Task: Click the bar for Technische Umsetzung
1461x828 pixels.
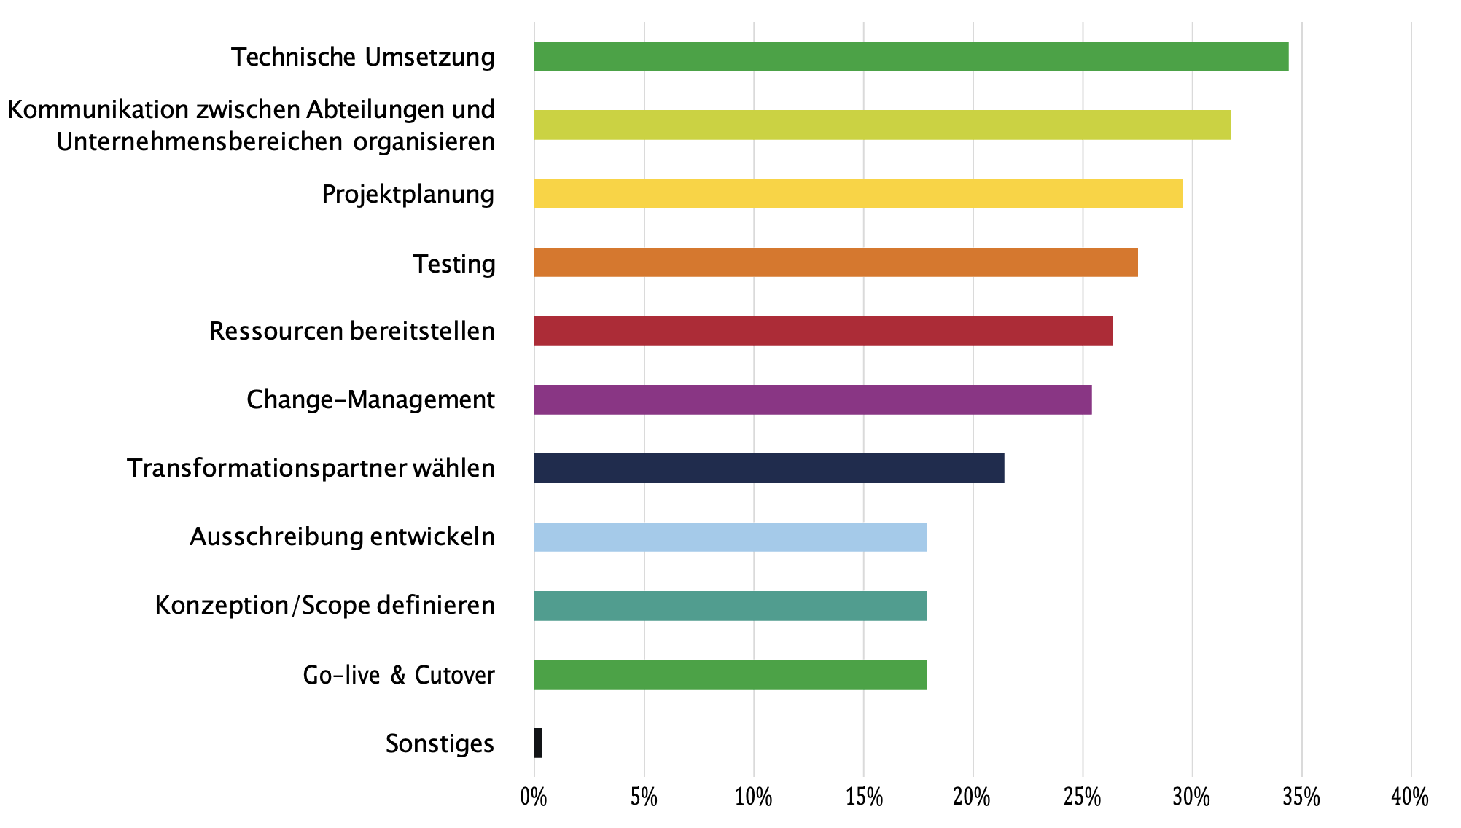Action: (x=911, y=57)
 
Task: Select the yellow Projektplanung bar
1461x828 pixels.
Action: (x=857, y=194)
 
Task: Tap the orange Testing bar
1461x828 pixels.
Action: (x=835, y=262)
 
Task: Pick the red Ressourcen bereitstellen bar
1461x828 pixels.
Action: (x=822, y=331)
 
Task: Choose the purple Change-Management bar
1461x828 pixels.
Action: (x=812, y=399)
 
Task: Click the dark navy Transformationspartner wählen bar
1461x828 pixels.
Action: (x=768, y=468)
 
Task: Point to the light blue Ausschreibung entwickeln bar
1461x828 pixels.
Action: (x=730, y=537)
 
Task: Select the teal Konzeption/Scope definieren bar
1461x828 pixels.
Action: (x=730, y=606)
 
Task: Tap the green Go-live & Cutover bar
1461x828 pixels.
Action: (x=730, y=674)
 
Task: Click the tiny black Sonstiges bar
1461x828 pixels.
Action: (x=538, y=743)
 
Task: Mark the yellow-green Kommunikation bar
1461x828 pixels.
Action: (x=882, y=125)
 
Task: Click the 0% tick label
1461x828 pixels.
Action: (x=534, y=797)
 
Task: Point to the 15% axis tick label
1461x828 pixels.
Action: (x=864, y=797)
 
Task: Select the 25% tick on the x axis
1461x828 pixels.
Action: (x=1083, y=797)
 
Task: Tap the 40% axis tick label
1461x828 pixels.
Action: (x=1411, y=797)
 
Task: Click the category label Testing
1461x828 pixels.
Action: (x=453, y=263)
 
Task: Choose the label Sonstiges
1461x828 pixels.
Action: (x=440, y=743)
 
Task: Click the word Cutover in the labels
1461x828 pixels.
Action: (x=454, y=675)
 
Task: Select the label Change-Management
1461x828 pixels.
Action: (x=370, y=399)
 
